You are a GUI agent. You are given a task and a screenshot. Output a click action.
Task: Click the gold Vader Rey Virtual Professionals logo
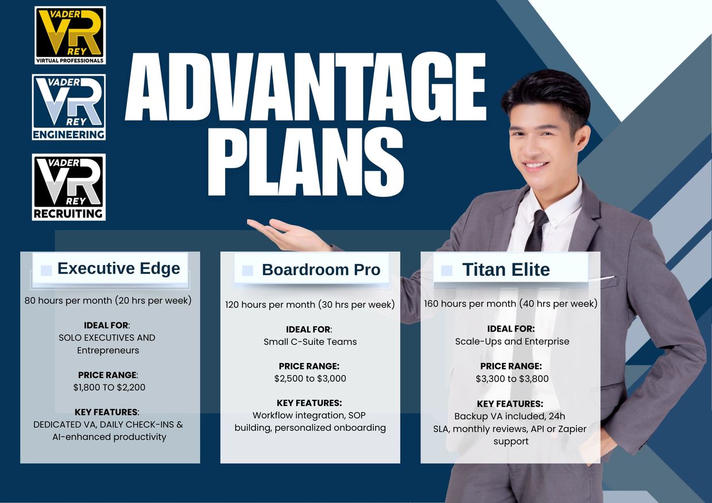[70, 35]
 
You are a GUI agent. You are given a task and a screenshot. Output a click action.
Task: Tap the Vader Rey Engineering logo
[69, 107]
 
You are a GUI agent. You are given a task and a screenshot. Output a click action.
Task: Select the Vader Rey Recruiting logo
[69, 187]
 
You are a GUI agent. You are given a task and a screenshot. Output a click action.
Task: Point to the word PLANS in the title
[306, 162]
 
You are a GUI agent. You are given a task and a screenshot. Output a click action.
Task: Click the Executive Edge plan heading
[118, 268]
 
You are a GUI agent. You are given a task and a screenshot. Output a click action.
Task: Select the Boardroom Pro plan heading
[321, 270]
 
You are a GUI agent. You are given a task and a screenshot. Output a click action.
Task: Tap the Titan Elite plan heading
[506, 270]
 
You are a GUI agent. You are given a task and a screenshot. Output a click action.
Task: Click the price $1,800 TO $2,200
[109, 387]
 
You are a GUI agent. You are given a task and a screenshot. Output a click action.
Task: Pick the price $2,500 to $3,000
[310, 378]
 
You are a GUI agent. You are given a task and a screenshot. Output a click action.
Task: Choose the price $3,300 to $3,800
[512, 379]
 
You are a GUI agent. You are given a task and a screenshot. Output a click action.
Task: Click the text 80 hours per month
[68, 301]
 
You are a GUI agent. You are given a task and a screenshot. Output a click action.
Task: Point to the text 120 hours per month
[270, 305]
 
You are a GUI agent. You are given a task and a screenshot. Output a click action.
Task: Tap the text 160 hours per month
[470, 303]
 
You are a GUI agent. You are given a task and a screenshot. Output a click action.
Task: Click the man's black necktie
[537, 231]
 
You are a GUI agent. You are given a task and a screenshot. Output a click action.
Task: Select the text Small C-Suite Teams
[310, 342]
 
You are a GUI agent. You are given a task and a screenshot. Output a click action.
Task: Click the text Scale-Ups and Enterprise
[512, 341]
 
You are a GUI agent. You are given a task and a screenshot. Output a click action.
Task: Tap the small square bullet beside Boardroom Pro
[247, 271]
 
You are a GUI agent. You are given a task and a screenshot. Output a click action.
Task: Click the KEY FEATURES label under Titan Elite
[510, 404]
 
